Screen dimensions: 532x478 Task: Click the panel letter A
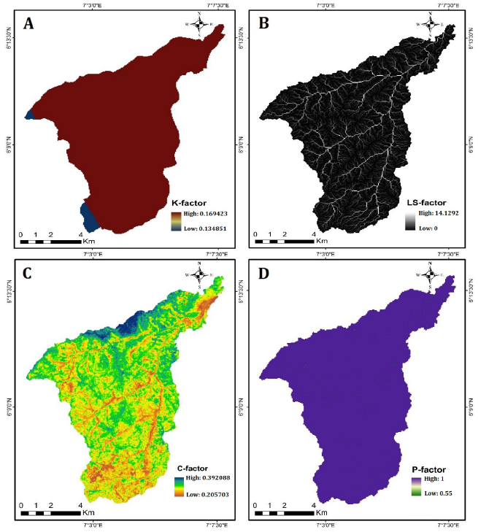pos(29,24)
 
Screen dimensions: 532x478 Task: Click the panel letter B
pos(264,24)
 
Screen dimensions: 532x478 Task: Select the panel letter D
pos(263,275)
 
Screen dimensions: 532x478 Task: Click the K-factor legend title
pos(190,201)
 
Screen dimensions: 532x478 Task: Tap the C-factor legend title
pos(190,468)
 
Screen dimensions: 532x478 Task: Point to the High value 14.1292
pos(443,215)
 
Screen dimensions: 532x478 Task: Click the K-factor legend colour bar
pos(176,221)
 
